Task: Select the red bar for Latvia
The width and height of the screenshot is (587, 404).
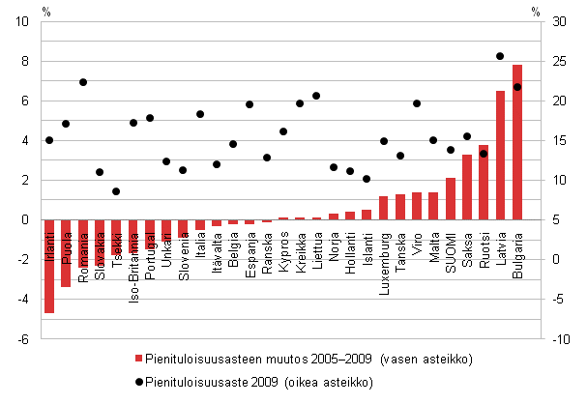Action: [501, 155]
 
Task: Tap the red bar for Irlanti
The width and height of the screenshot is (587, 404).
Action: [49, 266]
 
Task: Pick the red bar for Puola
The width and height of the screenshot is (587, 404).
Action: [66, 253]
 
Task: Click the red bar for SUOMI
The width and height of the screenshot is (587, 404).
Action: [451, 198]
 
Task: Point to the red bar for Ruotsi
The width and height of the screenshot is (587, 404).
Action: [484, 182]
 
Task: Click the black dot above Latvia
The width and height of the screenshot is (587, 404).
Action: [500, 56]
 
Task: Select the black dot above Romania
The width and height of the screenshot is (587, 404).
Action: [83, 82]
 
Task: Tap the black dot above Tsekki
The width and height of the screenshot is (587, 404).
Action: [116, 191]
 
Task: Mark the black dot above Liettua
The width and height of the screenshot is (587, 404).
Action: [316, 96]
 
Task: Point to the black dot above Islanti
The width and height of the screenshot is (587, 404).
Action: [367, 179]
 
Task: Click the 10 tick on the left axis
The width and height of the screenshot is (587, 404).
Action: [24, 21]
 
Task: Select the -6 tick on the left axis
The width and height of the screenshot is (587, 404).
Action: [24, 338]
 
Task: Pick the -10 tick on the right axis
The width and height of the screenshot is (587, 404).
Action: [560, 338]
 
